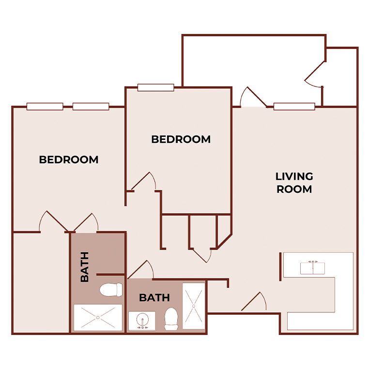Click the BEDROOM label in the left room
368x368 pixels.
pos(69,159)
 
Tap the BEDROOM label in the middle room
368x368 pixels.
pos(181,139)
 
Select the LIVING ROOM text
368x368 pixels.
pos(294,183)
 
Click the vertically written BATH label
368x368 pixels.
pos(85,267)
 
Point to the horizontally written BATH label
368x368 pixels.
pos(154,297)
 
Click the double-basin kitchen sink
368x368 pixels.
pos(312,267)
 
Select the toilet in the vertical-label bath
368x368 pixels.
pos(111,290)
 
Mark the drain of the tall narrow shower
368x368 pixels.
pos(194,306)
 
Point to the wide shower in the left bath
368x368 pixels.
pos(98,318)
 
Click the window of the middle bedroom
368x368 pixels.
pos(155,88)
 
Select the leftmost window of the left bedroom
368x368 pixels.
pos(45,107)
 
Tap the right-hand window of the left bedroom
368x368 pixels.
pos(91,107)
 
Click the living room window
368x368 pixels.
pos(294,107)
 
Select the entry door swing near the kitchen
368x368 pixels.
pos(254,302)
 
